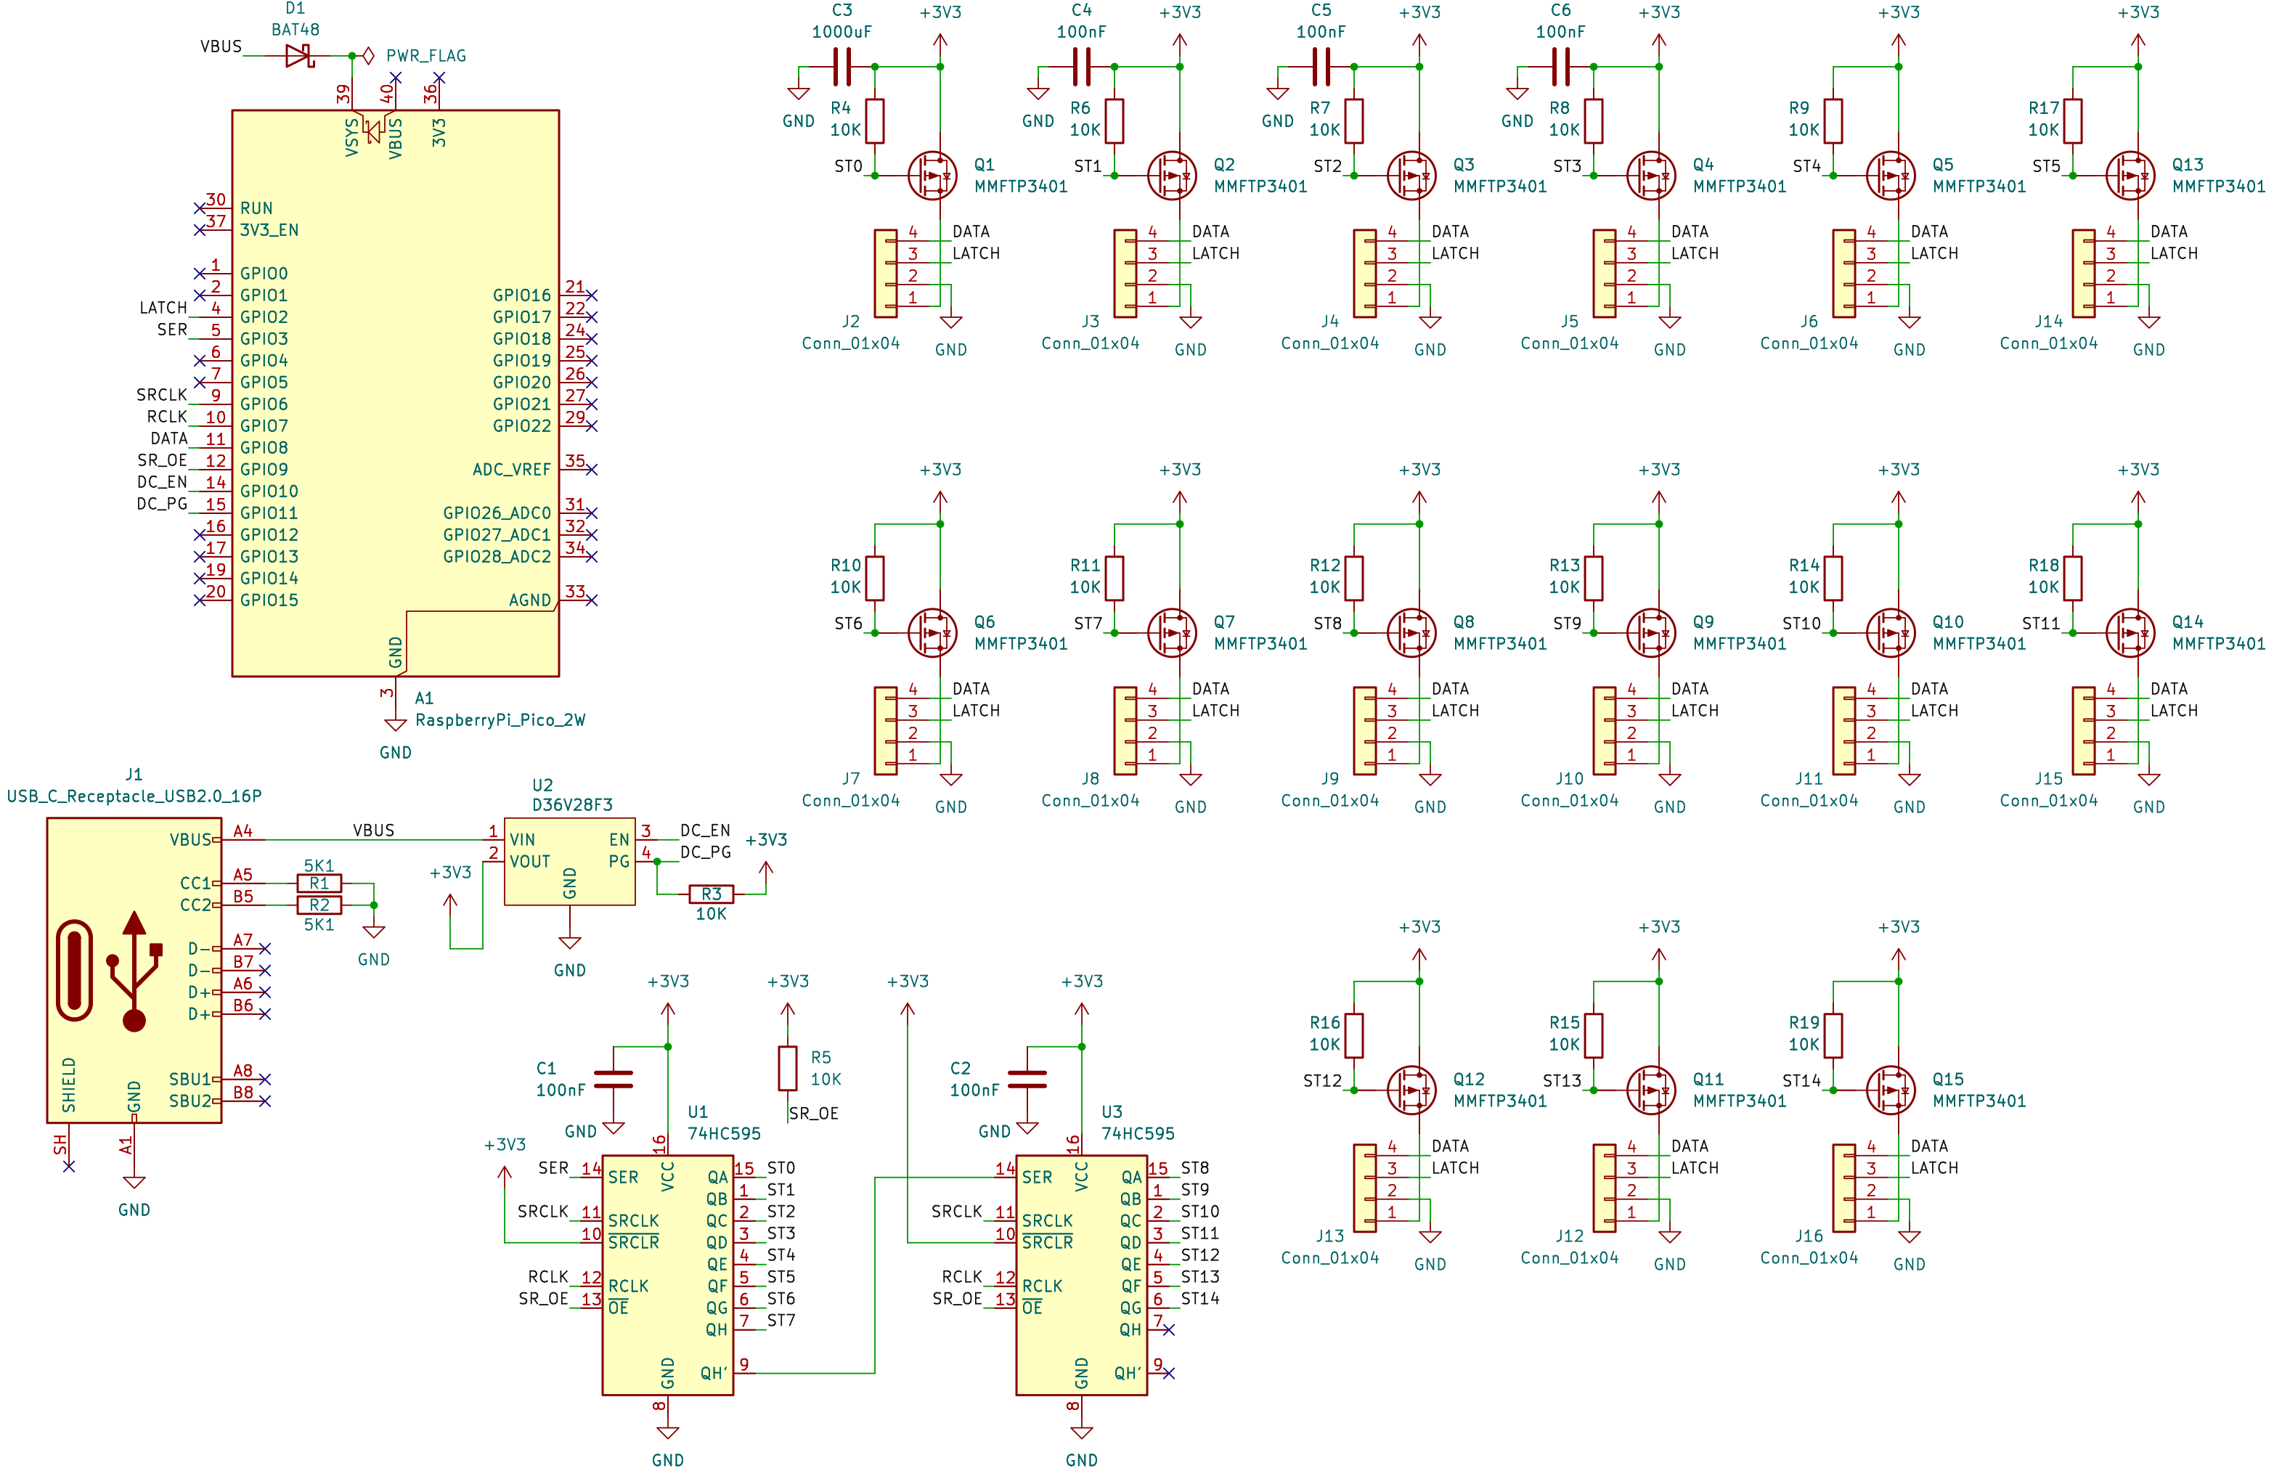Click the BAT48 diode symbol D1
click(300, 55)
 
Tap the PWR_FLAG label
click(426, 55)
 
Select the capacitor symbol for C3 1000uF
click(841, 67)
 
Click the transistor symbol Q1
click(932, 176)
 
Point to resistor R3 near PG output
click(711, 894)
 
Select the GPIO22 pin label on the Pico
click(522, 426)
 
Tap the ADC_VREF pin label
click(511, 469)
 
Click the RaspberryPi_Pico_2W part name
click(500, 720)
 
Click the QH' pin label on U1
click(714, 1373)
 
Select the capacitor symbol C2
click(1027, 1080)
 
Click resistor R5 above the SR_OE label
click(787, 1068)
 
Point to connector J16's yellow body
click(1844, 1189)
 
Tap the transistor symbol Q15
click(1891, 1090)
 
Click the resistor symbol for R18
click(2072, 578)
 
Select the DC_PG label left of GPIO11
click(161, 504)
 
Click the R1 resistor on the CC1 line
click(319, 883)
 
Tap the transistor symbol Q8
click(1411, 632)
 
